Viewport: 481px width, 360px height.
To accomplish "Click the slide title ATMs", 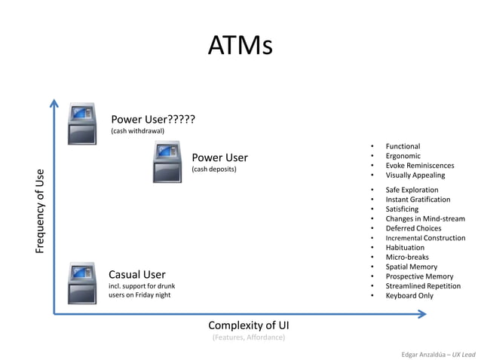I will click(240, 46).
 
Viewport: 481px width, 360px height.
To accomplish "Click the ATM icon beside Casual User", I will click(82, 282).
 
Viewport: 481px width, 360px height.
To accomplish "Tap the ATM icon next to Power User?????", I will click(82, 124).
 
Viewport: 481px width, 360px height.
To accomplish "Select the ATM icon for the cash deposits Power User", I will click(167, 162).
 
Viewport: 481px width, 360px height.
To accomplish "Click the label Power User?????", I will click(153, 119).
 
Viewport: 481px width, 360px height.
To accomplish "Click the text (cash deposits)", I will click(214, 169).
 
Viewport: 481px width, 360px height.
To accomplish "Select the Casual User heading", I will click(137, 274).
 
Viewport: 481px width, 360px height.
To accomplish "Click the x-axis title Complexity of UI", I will click(248, 325).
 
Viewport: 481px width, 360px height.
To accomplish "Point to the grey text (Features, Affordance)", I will click(248, 337).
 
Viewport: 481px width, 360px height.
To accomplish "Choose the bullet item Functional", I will click(403, 146).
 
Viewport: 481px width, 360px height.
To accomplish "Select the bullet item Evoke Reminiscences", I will click(420, 166).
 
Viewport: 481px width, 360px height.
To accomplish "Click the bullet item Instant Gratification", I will click(418, 200).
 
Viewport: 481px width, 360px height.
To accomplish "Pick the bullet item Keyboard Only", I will click(409, 296).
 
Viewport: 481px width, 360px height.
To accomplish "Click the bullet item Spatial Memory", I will click(411, 267).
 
